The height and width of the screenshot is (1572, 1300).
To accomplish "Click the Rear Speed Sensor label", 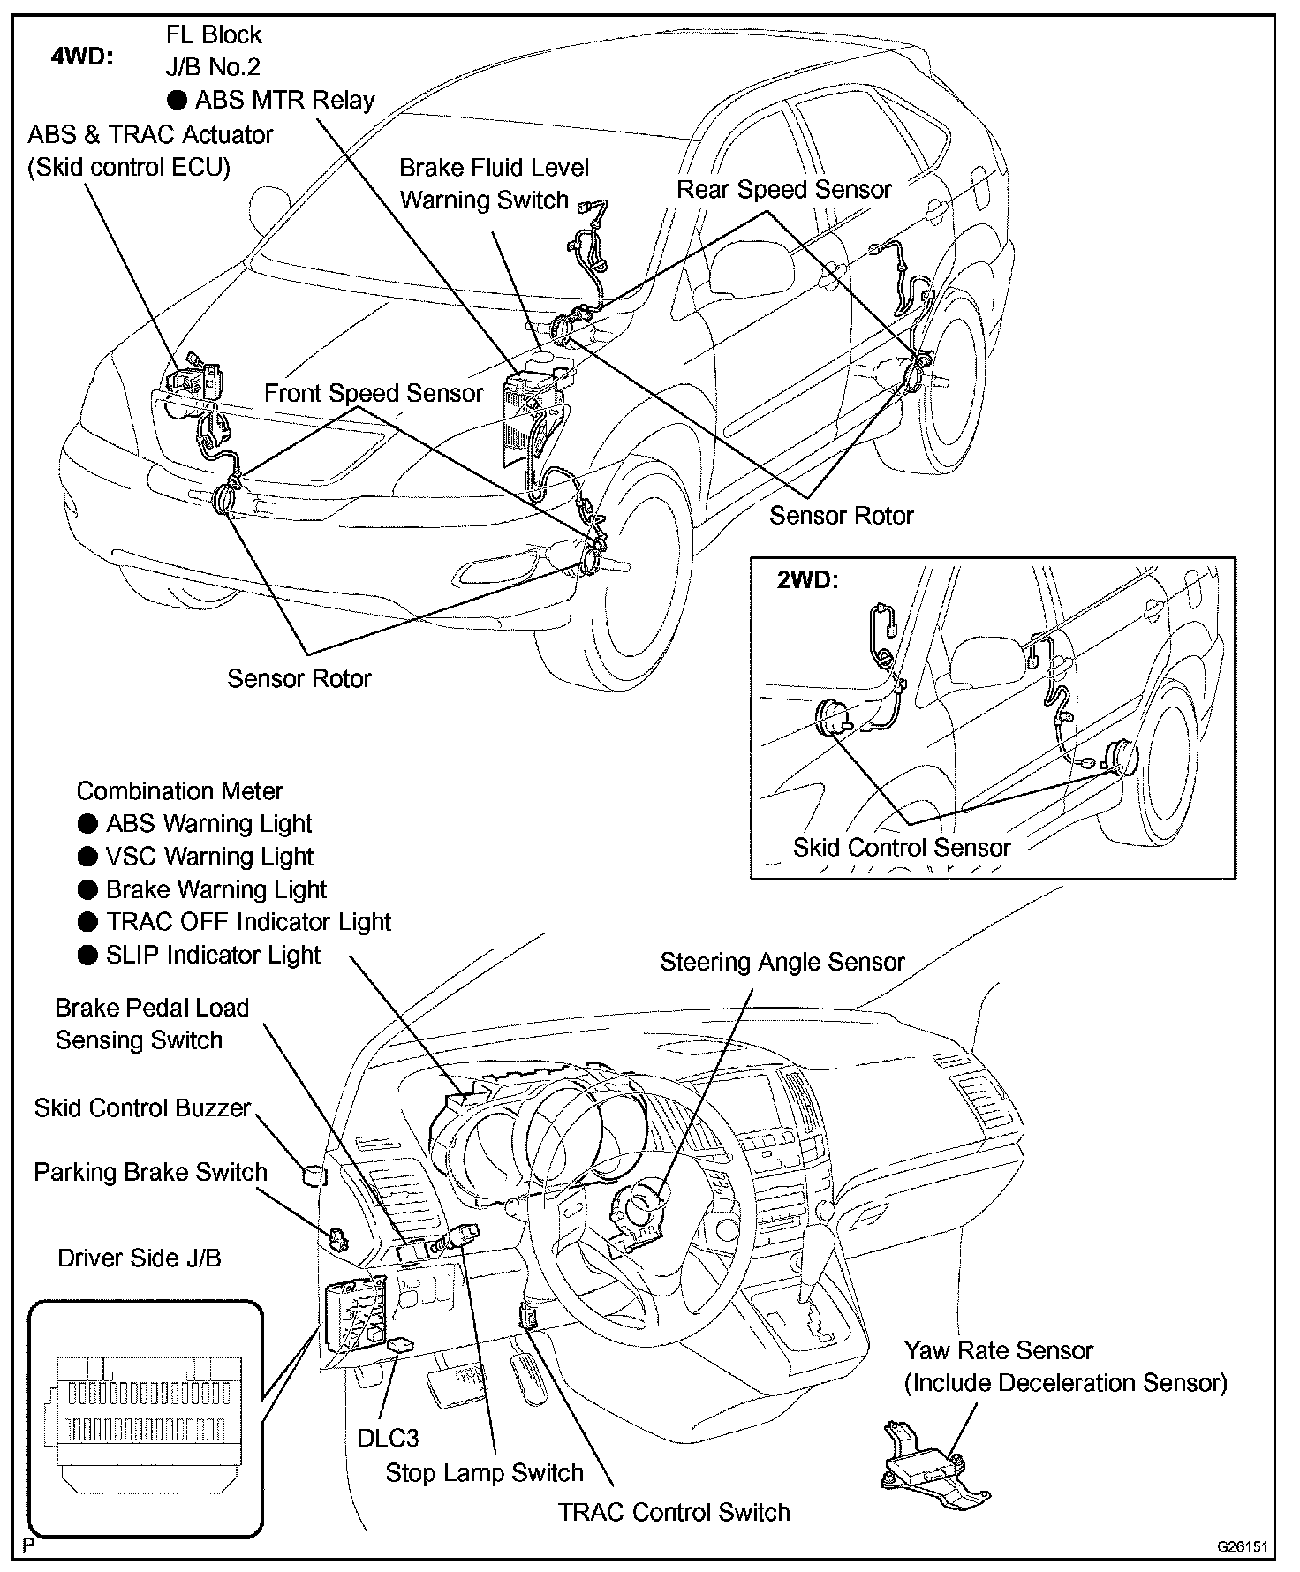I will (784, 190).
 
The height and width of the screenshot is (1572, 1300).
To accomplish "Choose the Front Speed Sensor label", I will (374, 393).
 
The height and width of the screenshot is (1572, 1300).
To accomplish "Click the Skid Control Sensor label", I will (901, 848).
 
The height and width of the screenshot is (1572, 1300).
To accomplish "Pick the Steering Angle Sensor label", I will (782, 962).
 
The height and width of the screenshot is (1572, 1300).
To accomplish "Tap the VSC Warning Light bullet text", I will (209, 857).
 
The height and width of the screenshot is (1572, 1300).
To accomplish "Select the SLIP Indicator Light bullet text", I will (213, 956).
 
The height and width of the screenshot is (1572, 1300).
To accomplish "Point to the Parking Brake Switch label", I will (150, 1172).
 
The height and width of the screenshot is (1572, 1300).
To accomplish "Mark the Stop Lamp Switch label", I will (484, 1472).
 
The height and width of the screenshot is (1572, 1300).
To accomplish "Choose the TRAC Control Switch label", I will (674, 1512).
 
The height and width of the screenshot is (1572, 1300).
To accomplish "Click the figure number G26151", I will (1242, 1546).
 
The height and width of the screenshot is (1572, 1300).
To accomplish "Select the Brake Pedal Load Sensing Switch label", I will (151, 1024).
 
